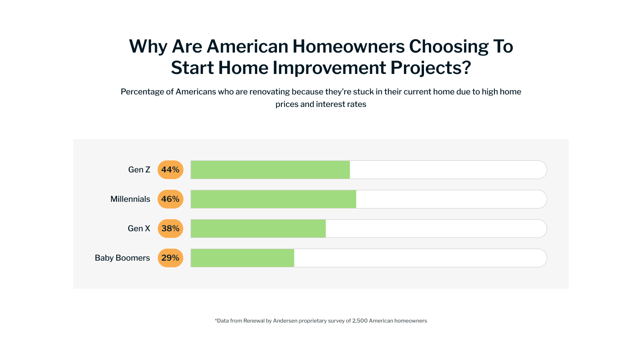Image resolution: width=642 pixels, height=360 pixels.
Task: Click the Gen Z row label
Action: (x=139, y=170)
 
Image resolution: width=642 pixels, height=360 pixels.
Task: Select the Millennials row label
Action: (x=130, y=199)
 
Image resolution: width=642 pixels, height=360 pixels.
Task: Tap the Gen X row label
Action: (x=139, y=228)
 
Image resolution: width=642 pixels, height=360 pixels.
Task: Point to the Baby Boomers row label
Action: (x=122, y=258)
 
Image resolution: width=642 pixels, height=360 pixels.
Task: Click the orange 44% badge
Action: (x=170, y=170)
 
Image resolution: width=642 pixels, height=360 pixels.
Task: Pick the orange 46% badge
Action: (x=170, y=199)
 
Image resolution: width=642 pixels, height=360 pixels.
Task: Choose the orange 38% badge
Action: (x=170, y=228)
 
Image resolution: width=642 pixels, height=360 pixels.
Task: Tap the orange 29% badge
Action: (x=170, y=258)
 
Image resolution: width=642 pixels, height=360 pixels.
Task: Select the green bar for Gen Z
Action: (x=270, y=170)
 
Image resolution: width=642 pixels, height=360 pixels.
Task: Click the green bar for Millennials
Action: (x=273, y=199)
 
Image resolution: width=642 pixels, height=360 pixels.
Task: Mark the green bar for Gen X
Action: (x=258, y=228)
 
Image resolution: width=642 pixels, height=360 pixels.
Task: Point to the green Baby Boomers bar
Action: (x=243, y=258)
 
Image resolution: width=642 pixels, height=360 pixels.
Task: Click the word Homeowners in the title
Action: (x=349, y=46)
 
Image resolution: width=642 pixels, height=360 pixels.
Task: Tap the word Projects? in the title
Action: (x=431, y=68)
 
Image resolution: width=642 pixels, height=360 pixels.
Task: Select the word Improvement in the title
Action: (x=329, y=68)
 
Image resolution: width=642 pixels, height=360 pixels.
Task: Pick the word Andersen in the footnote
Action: (x=285, y=321)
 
